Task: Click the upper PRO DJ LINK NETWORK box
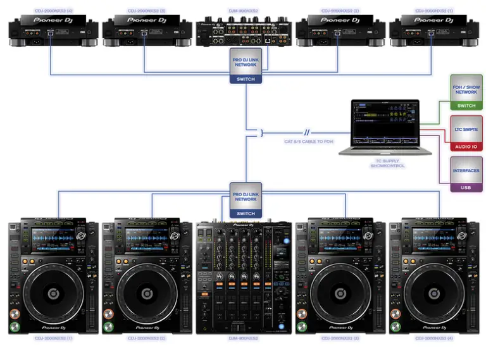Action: coord(245,61)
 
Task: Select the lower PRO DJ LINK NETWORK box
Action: coord(245,196)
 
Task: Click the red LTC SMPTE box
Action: coord(466,128)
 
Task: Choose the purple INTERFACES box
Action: coord(466,170)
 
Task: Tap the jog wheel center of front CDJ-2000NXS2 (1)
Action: coord(53,292)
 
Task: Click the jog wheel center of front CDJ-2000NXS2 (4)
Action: coord(435,292)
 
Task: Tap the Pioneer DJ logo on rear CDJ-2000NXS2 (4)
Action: coord(53,20)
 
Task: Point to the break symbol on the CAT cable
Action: coord(306,133)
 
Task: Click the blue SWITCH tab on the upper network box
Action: coord(245,79)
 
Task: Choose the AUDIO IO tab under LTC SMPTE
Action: coord(466,146)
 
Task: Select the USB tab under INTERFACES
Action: coord(466,187)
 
